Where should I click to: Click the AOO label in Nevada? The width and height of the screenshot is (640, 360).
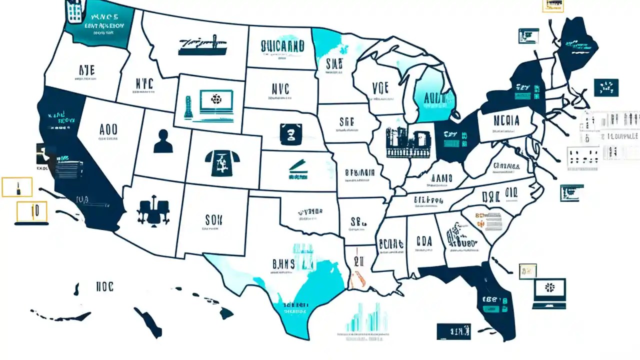point(108,129)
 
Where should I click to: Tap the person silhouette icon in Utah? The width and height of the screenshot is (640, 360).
point(163,141)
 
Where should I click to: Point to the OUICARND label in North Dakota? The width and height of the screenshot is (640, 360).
point(282,46)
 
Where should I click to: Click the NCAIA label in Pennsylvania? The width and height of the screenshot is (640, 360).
point(505,120)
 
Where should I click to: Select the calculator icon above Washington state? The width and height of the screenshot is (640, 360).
point(73,11)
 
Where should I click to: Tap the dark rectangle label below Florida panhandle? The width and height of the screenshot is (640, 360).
point(453,331)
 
